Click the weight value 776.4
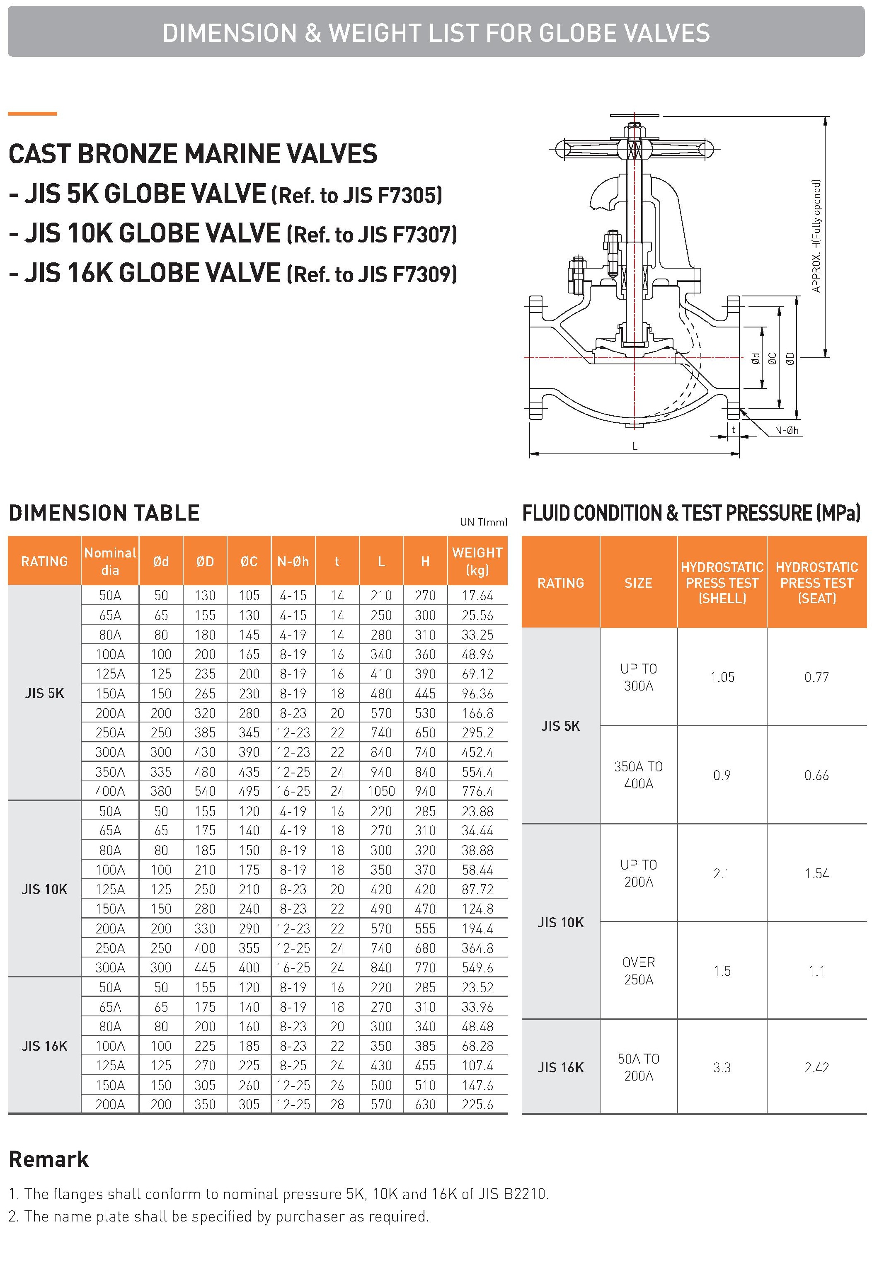coord(477,791)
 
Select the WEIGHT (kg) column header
coord(477,561)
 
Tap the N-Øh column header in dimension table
coord(293,561)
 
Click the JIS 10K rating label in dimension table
coord(44,889)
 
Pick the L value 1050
coord(381,791)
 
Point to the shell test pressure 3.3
coord(721,1067)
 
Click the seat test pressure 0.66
coord(816,775)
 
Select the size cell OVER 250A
coord(638,971)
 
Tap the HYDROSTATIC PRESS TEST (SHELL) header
coord(722,582)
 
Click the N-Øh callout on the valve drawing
coord(786,431)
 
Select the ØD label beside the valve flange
coord(790,359)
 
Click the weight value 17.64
coord(477,595)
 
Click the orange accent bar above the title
coord(32,114)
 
